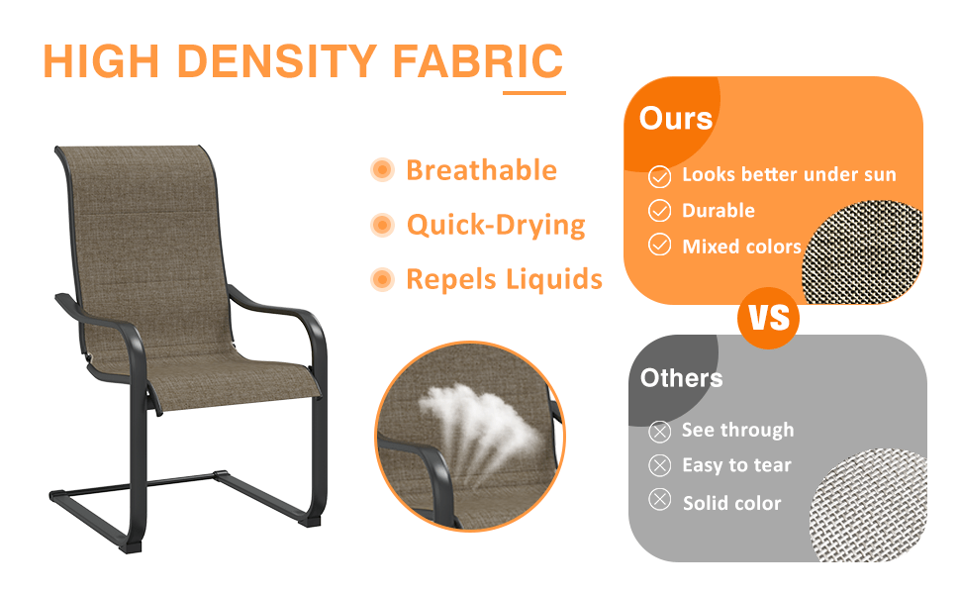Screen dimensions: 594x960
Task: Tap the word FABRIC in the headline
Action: click(477, 61)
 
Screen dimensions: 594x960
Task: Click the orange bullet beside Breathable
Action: click(382, 170)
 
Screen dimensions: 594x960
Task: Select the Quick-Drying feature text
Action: click(496, 226)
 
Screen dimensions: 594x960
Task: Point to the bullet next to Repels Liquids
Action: click(382, 280)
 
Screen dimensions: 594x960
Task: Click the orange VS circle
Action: click(769, 318)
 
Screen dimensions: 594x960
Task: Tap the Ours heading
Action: click(676, 119)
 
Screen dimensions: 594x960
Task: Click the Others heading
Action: click(681, 377)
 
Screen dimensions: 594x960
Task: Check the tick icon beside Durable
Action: click(659, 211)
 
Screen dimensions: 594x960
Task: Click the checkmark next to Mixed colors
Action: click(659, 246)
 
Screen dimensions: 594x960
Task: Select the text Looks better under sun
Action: click(789, 175)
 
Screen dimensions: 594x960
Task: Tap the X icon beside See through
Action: click(659, 431)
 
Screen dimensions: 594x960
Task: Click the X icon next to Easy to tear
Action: click(659, 465)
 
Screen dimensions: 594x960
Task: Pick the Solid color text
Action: click(731, 503)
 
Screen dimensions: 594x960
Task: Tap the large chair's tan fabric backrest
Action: click(148, 228)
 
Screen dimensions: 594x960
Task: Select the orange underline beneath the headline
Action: click(533, 93)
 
